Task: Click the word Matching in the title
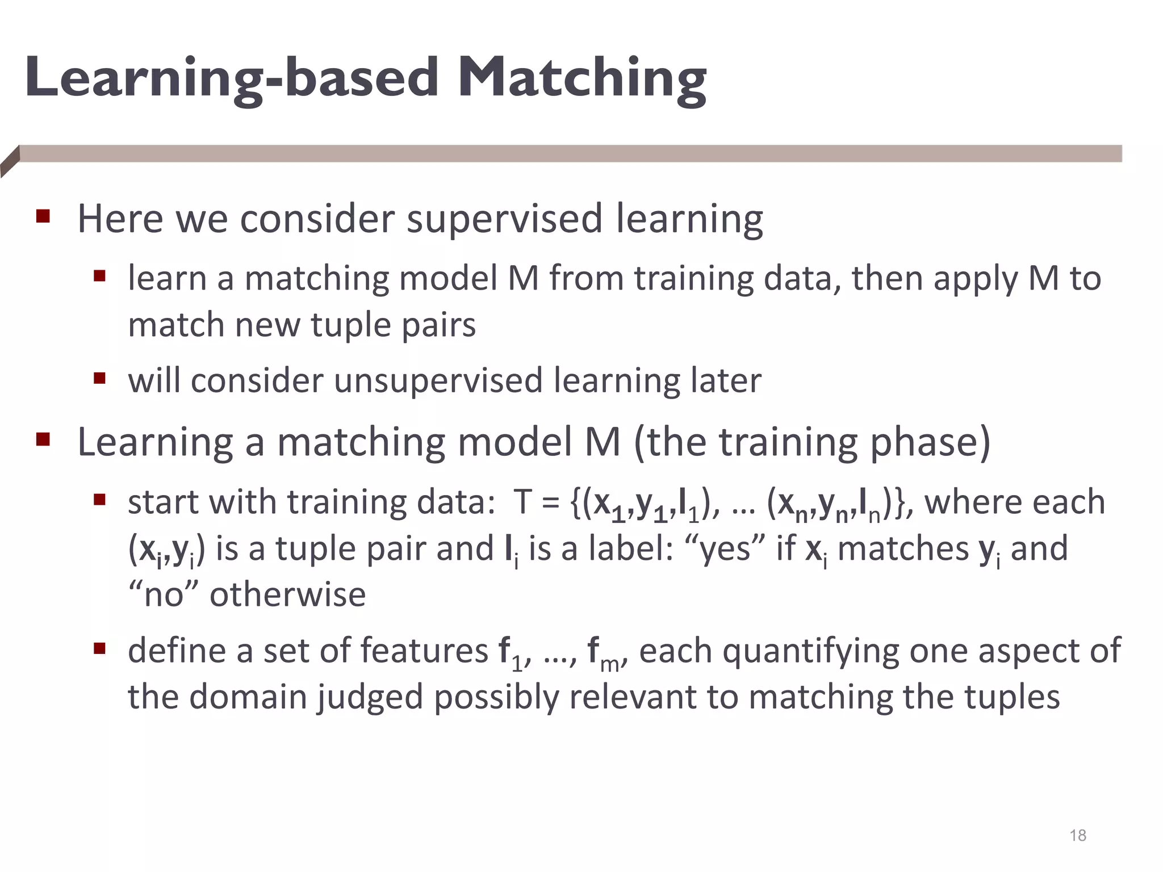point(581,78)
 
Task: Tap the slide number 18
point(1077,835)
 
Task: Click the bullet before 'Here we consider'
point(43,216)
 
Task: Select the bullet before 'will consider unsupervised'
point(100,378)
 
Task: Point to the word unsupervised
point(437,380)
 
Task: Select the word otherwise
point(288,596)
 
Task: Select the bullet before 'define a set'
point(100,648)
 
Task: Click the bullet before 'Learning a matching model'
point(43,439)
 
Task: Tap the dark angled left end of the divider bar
point(10,161)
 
